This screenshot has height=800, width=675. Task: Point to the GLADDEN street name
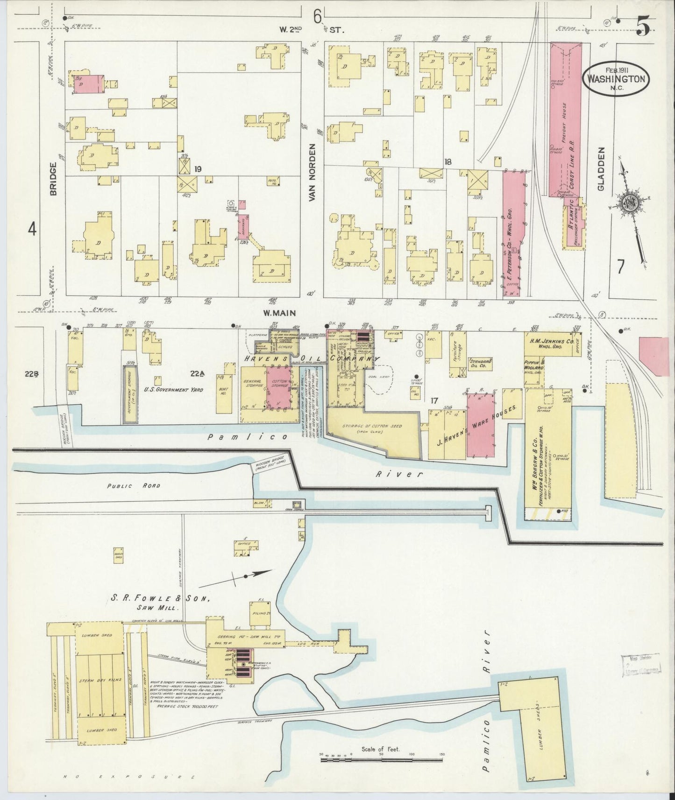point(602,169)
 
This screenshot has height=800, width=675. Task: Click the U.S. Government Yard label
point(173,389)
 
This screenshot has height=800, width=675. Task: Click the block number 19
point(198,169)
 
